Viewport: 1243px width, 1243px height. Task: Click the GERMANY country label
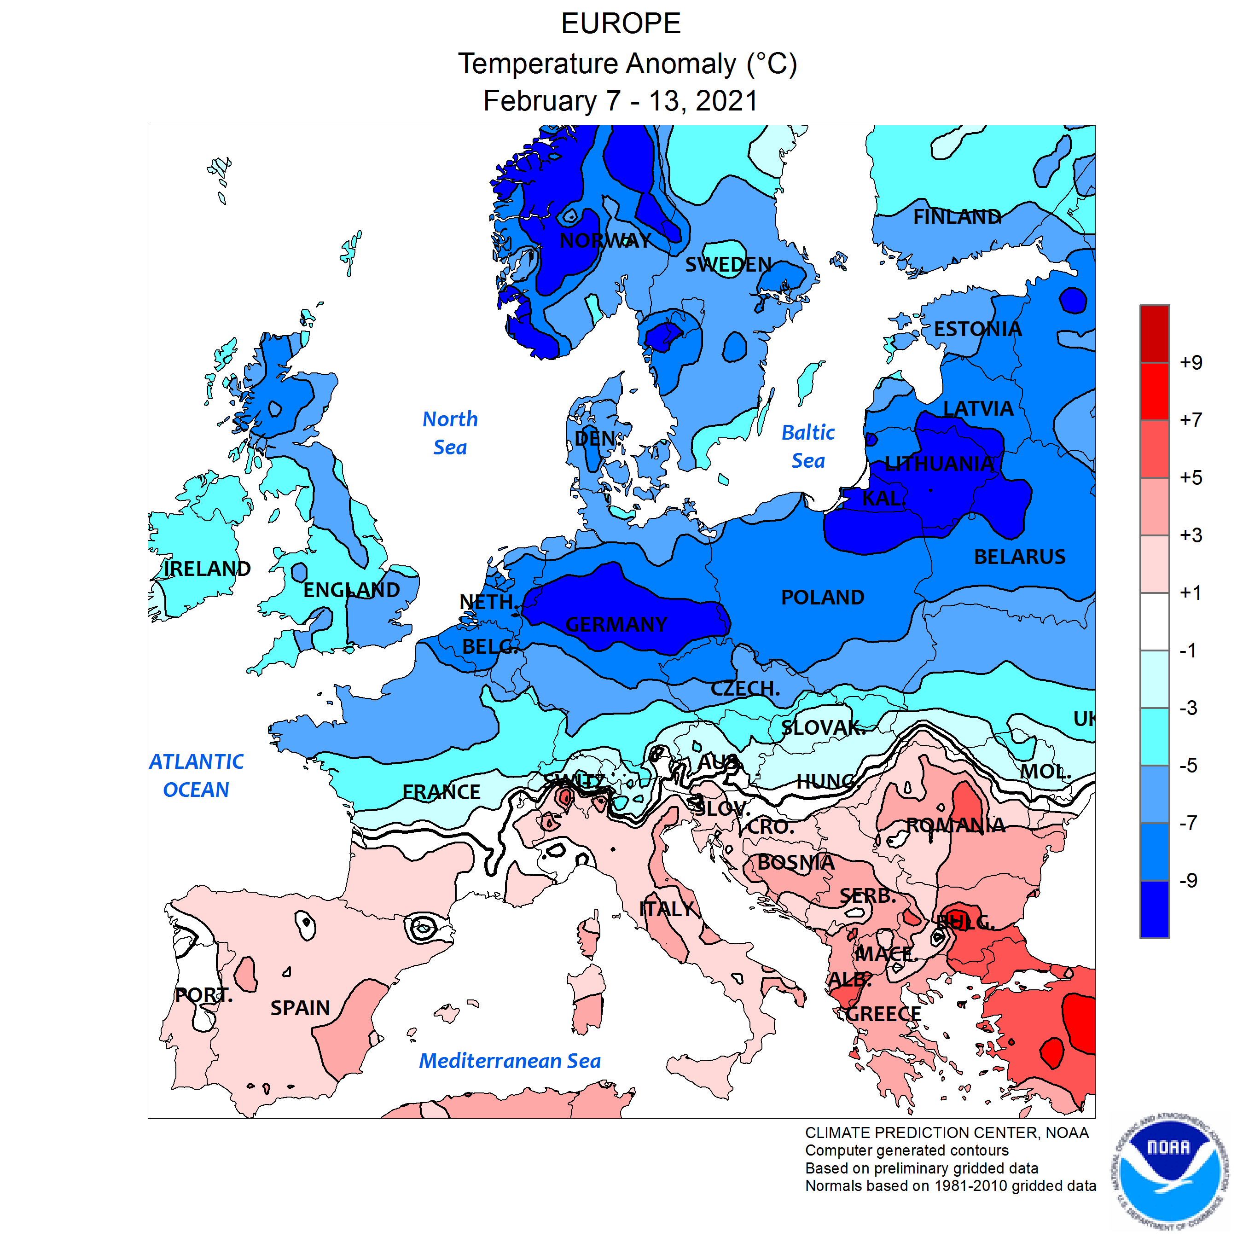coord(616,625)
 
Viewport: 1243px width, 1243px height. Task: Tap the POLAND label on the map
coord(822,598)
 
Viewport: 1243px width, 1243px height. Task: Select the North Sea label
coord(450,433)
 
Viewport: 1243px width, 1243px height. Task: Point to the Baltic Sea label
coord(808,447)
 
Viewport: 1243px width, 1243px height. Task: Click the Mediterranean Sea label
coord(510,1061)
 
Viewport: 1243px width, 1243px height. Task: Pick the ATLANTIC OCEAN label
coord(196,776)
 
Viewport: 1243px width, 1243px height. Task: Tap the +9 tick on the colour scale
coord(1191,363)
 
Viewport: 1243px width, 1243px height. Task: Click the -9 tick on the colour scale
coord(1188,881)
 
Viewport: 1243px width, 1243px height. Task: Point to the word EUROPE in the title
coord(621,24)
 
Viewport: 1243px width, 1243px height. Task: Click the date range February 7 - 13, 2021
coord(621,101)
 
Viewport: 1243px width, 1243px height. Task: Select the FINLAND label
coord(958,217)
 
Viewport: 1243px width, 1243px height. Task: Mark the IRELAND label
coord(207,569)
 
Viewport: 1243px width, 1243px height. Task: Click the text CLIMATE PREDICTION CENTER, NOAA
coord(947,1133)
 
